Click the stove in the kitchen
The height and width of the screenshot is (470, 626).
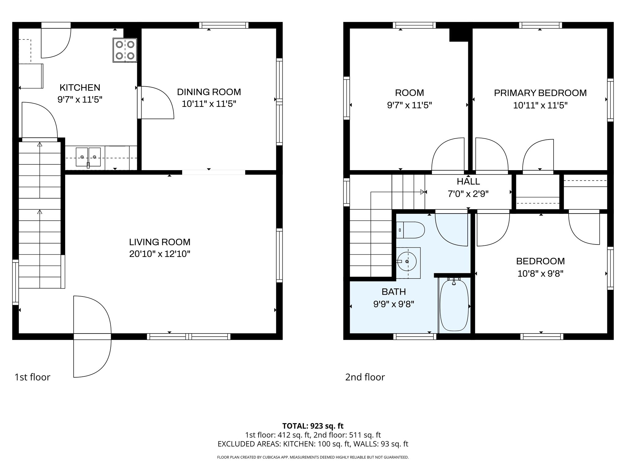(125, 50)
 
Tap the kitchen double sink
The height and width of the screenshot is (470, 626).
(88, 157)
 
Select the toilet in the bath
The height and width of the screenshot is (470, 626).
(410, 230)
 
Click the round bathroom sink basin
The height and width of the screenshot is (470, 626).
(407, 261)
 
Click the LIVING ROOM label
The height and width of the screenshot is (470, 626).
(160, 242)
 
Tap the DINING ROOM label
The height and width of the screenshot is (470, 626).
(209, 92)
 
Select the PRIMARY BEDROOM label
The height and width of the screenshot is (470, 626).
(540, 93)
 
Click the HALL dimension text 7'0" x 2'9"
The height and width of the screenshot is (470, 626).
(468, 194)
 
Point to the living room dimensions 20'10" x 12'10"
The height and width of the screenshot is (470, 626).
(160, 254)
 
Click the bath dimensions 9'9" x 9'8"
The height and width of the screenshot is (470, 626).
(394, 304)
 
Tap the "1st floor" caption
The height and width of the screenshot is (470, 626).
(32, 377)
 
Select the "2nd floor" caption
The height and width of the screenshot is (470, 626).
(365, 377)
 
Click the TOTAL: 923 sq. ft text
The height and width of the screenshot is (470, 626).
(313, 426)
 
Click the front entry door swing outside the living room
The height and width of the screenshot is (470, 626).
(92, 358)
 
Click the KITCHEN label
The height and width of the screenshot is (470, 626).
(80, 88)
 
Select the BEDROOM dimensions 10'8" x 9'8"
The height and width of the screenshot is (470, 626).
(540, 273)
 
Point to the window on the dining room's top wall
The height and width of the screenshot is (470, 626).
(224, 25)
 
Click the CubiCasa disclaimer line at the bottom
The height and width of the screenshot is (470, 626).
(313, 457)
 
